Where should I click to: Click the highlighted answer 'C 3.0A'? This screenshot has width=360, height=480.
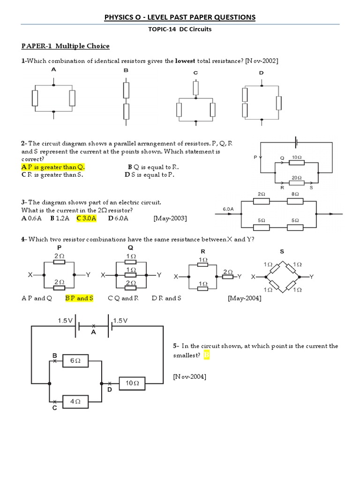[86, 218]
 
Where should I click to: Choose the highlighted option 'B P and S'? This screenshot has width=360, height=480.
[79, 298]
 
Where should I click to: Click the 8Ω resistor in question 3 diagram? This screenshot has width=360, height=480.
[295, 201]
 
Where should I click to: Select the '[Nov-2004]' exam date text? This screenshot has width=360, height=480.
[189, 376]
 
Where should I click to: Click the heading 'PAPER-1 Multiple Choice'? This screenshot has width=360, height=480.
[65, 46]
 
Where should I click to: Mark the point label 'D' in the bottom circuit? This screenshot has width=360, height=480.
[109, 390]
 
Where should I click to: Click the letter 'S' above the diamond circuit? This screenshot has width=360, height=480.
[282, 251]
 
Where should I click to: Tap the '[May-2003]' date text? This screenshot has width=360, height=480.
[170, 218]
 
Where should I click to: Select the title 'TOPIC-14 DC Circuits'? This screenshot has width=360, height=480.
[180, 29]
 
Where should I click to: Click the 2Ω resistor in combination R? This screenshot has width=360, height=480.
[227, 277]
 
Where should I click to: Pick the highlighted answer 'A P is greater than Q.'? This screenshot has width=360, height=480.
[53, 167]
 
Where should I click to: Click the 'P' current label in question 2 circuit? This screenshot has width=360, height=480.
[255, 157]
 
